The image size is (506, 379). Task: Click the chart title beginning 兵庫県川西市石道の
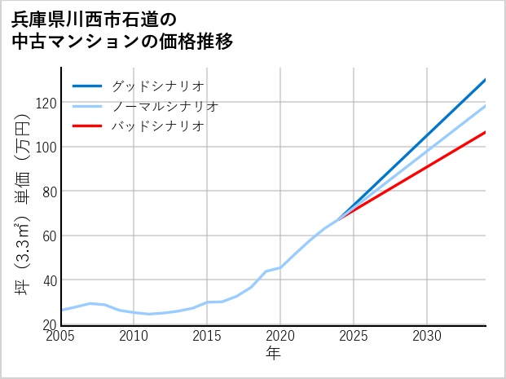point(122,30)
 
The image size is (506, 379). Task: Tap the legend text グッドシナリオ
point(157,86)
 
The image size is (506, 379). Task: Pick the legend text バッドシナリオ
point(157,126)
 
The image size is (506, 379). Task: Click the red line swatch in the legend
point(87,126)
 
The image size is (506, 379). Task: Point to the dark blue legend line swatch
point(87,86)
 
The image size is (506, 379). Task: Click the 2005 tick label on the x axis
point(61,336)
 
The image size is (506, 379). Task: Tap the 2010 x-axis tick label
point(134,336)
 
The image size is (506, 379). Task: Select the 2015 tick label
point(207,336)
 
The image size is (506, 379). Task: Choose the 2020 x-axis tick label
point(280,336)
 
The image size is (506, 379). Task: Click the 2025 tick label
point(354,336)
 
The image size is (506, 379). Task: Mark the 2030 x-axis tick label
point(427,336)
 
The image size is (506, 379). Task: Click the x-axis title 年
point(274,354)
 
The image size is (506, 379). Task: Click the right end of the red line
point(485,132)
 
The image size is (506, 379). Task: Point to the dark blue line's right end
point(485,80)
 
